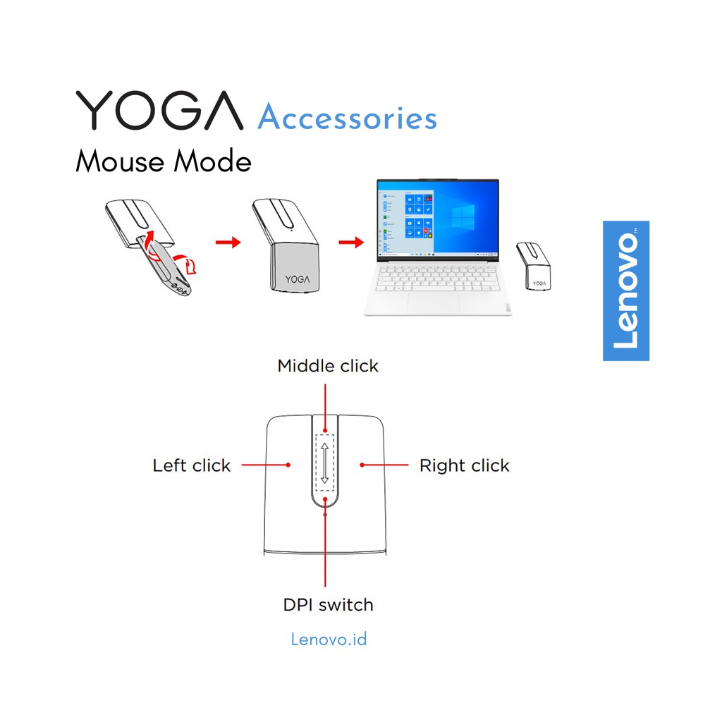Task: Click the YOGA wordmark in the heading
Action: click(159, 110)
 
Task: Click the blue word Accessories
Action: click(347, 117)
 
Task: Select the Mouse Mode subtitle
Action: click(164, 161)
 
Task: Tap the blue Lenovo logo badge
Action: click(626, 290)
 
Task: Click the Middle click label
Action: click(328, 366)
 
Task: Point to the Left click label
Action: click(192, 465)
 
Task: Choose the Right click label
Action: click(464, 465)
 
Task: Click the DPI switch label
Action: click(328, 604)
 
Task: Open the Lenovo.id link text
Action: click(329, 639)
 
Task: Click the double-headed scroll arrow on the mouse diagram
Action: click(324, 463)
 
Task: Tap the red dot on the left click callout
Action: click(288, 465)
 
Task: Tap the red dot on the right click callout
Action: click(362, 465)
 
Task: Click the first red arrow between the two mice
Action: click(228, 243)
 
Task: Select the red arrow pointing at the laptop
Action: click(351, 243)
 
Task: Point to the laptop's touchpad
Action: click(433, 302)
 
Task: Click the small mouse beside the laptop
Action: click(534, 266)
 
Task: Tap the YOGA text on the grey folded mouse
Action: click(298, 279)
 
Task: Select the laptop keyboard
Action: click(437, 278)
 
